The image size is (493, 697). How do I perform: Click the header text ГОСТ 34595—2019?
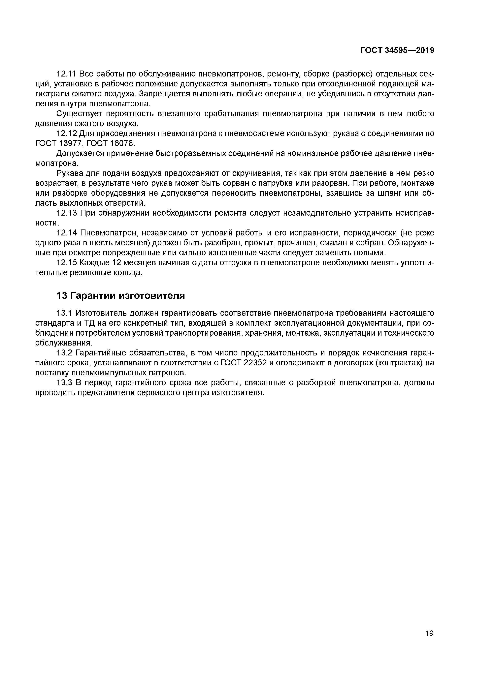pos(397,51)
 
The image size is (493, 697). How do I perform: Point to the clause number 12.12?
pos(67,134)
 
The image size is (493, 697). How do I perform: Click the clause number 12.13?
pos(67,213)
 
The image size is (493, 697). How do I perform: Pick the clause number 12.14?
pos(67,233)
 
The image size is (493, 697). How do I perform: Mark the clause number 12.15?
pos(67,263)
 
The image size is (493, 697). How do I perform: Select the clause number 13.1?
pos(64,313)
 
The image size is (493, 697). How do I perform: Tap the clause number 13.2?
pos(64,353)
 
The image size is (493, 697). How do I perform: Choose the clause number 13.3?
pos(64,383)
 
